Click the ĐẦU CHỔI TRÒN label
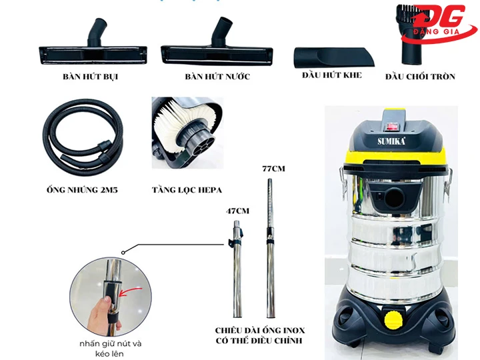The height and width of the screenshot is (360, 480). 420,77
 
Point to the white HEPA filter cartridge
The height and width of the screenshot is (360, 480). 175,127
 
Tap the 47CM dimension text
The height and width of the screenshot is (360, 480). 237,211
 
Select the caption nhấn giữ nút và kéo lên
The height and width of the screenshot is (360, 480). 110,348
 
